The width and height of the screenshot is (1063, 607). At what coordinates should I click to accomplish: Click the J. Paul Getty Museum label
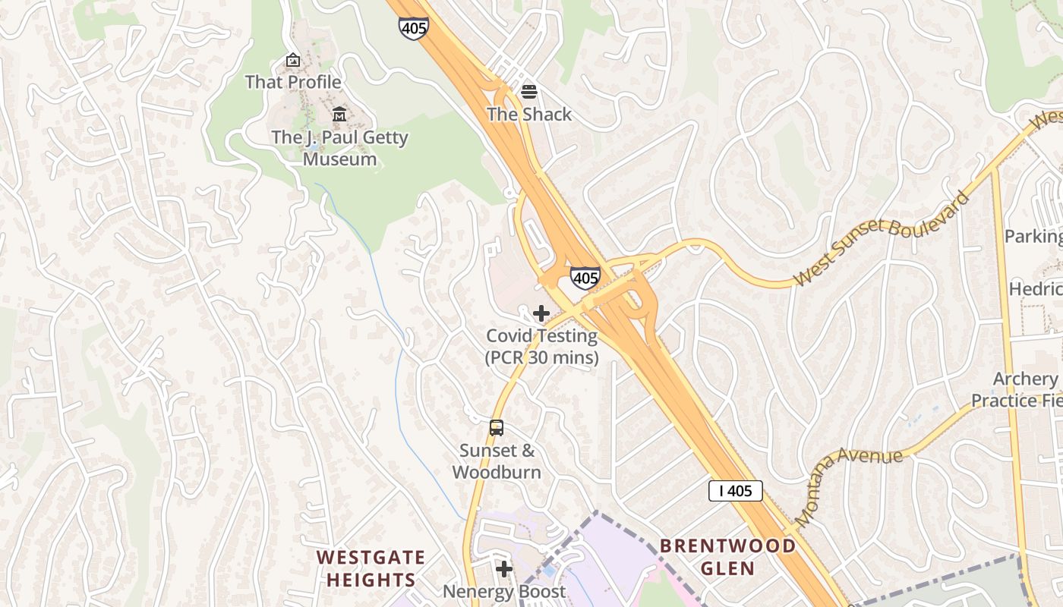339,148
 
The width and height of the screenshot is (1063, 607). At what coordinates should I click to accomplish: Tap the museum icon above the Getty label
339,115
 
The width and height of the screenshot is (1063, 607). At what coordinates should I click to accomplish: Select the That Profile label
293,81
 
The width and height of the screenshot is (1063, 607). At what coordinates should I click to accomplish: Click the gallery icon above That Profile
293,59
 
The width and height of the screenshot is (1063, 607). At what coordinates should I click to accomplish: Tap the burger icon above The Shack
529,92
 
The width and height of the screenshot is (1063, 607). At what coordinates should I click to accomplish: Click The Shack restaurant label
529,114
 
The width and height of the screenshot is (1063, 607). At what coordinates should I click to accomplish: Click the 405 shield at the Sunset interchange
585,278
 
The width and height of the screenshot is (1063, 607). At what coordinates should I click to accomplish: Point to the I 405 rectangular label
735,491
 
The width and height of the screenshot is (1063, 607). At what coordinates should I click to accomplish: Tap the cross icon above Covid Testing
541,313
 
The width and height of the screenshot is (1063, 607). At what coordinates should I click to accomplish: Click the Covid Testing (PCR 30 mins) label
541,346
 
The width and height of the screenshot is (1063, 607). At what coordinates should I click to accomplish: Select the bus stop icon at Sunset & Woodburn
497,428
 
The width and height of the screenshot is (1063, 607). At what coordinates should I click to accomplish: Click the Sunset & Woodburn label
497,461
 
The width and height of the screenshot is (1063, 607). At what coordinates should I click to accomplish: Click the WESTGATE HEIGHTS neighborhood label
371,568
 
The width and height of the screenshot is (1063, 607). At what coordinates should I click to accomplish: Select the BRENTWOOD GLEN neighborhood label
727,557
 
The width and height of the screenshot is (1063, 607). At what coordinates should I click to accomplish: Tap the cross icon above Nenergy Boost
504,568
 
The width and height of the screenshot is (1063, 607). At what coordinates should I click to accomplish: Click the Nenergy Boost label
504,591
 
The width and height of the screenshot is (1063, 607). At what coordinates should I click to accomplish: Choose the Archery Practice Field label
1017,389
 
